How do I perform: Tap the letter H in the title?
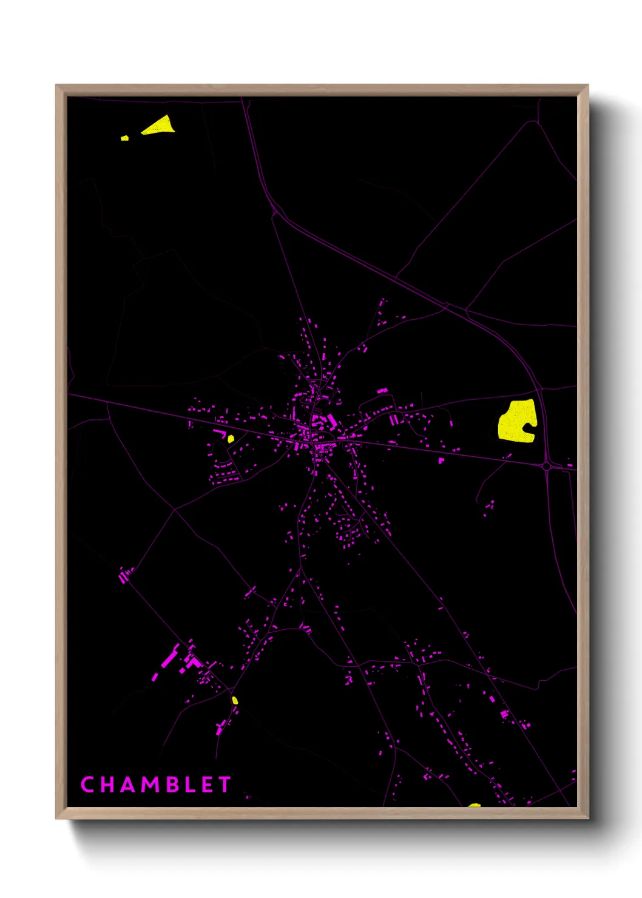pyautogui.click(x=107, y=785)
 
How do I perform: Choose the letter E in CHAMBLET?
pyautogui.click(x=207, y=785)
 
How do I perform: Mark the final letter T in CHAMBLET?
pyautogui.click(x=225, y=785)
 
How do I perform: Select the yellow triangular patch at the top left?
pyautogui.click(x=160, y=126)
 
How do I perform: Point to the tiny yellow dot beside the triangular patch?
pyautogui.click(x=124, y=138)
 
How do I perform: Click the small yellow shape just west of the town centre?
pyautogui.click(x=231, y=439)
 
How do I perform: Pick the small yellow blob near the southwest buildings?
pyautogui.click(x=235, y=700)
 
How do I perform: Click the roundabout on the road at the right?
pyautogui.click(x=547, y=466)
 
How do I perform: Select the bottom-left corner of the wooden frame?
pyautogui.click(x=56, y=819)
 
